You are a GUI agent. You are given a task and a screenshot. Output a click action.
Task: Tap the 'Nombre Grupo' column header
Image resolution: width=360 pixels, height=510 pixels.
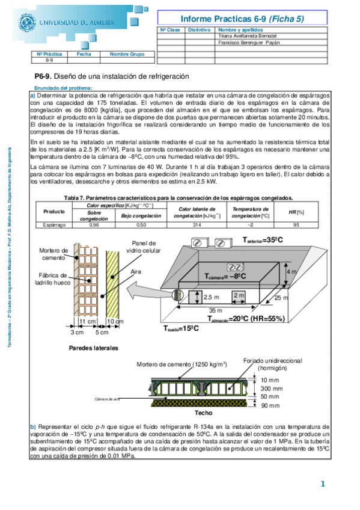point(127,54)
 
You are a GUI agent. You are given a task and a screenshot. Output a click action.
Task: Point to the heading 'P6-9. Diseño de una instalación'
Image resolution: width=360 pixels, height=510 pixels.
point(112,76)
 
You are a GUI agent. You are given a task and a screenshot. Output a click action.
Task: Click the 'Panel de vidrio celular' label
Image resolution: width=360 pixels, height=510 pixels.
point(143,246)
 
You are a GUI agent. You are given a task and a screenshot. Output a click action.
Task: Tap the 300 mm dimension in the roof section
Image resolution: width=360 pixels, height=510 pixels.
point(270,389)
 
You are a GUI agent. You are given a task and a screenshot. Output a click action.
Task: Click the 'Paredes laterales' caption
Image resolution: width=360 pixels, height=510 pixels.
point(94,348)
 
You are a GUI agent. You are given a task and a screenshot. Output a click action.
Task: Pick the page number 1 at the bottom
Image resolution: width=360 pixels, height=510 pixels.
point(323,484)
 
